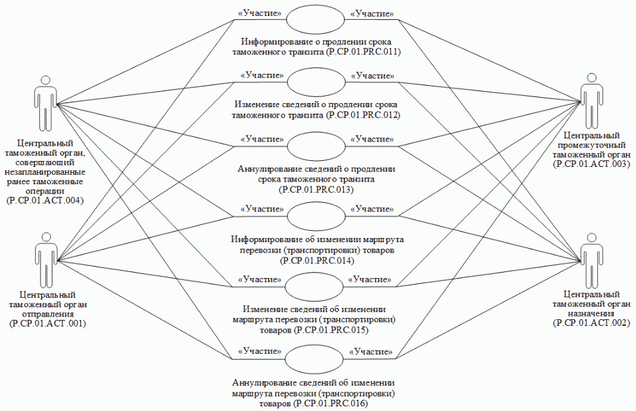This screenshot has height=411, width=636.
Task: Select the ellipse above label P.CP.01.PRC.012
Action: [315, 83]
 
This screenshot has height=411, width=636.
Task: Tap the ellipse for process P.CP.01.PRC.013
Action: [315, 145]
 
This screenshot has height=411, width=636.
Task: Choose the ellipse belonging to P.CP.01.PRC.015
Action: [315, 286]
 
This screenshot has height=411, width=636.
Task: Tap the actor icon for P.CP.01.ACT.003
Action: [591, 104]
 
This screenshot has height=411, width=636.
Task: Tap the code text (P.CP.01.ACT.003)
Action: [591, 164]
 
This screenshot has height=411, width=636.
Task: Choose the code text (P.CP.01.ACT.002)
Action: [591, 323]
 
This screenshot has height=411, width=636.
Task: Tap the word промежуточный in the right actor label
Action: [591, 145]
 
